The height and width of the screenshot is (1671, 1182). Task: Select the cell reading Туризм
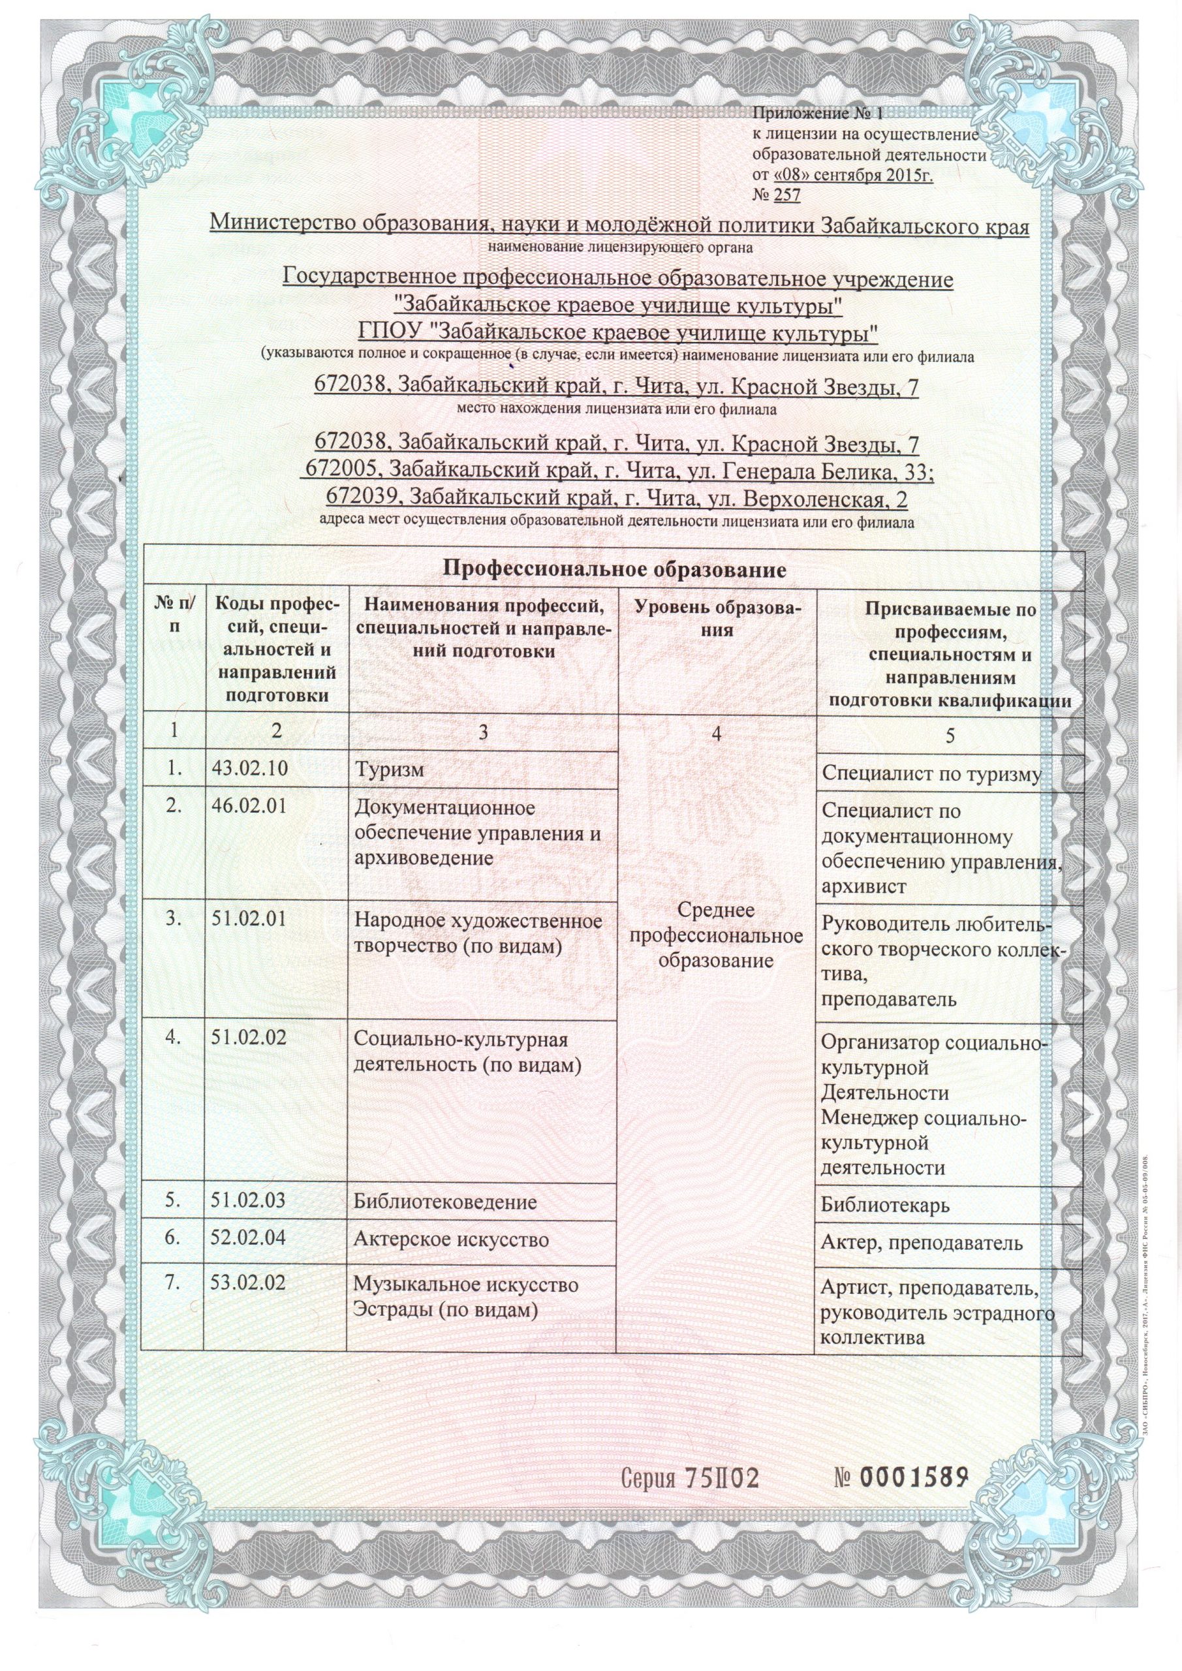coord(388,770)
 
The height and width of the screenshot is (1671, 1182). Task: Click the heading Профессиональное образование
coord(615,569)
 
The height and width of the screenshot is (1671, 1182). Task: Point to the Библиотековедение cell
coord(445,1202)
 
